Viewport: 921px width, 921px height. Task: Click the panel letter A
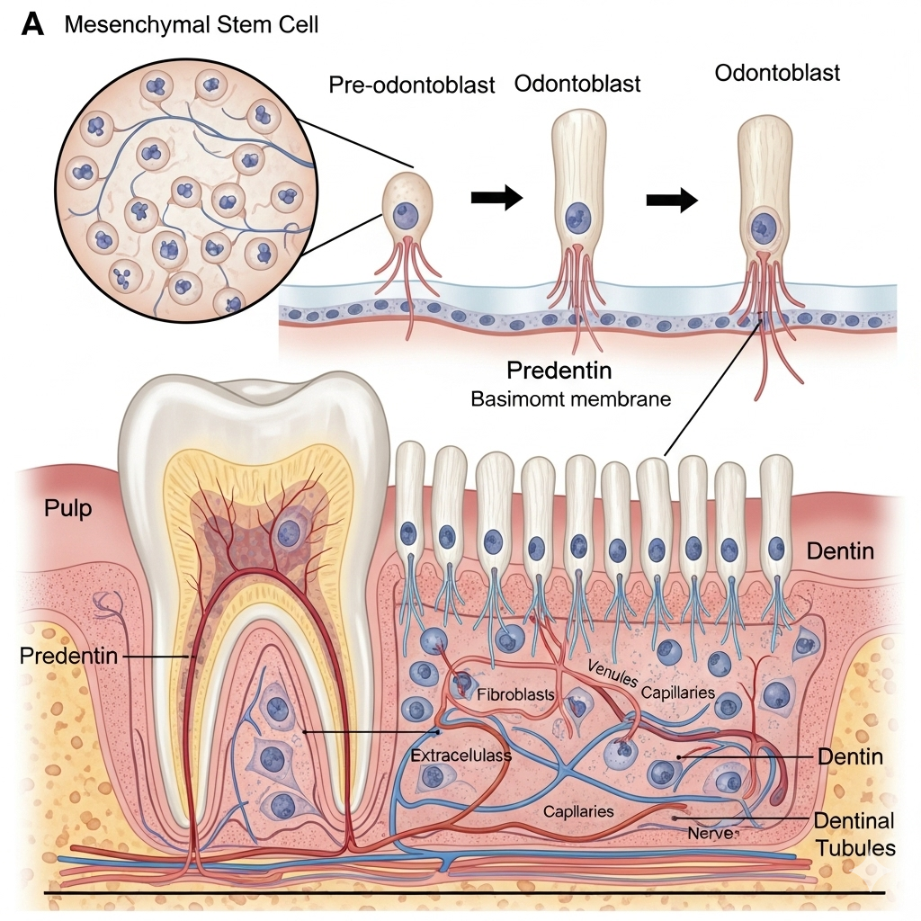[32, 24]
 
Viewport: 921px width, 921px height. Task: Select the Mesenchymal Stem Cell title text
[192, 24]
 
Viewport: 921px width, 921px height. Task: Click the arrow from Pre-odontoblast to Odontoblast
[496, 198]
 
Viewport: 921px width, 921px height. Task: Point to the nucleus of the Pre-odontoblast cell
[405, 216]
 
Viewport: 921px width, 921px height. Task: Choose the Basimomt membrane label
[571, 398]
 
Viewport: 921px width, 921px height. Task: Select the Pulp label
[68, 508]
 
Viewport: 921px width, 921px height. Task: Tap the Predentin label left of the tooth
[68, 656]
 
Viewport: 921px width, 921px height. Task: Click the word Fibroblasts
[515, 694]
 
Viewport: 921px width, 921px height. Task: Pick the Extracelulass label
[460, 756]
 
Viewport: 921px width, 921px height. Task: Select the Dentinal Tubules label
[854, 834]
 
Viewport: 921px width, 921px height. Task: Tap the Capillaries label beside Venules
[678, 693]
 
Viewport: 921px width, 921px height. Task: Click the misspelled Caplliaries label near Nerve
[578, 810]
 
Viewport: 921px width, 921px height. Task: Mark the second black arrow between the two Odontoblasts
[672, 201]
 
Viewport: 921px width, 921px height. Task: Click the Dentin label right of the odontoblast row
[840, 550]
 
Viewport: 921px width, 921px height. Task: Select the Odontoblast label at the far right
[777, 72]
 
